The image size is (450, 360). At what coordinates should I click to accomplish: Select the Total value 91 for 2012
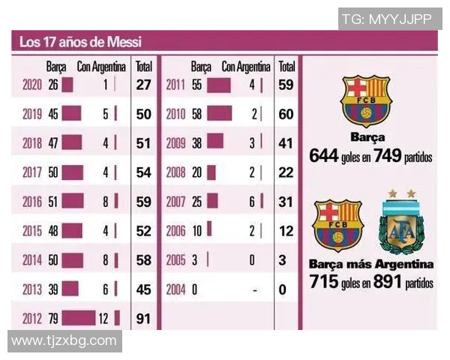click(144, 319)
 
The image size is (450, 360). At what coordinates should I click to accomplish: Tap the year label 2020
click(32, 85)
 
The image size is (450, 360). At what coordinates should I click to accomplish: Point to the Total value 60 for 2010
click(286, 115)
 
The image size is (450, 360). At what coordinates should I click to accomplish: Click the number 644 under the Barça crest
click(324, 156)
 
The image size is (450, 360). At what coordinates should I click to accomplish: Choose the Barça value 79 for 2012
click(52, 319)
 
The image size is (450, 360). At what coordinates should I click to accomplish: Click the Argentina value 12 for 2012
click(104, 319)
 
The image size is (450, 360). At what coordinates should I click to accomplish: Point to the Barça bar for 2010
click(219, 115)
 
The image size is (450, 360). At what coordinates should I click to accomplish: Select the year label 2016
click(32, 202)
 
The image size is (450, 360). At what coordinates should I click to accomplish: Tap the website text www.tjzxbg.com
click(64, 341)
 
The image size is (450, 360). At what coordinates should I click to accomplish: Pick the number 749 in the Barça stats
click(388, 156)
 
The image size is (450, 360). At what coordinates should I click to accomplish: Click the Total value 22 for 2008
click(286, 173)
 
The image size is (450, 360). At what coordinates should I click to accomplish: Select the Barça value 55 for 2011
click(197, 85)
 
